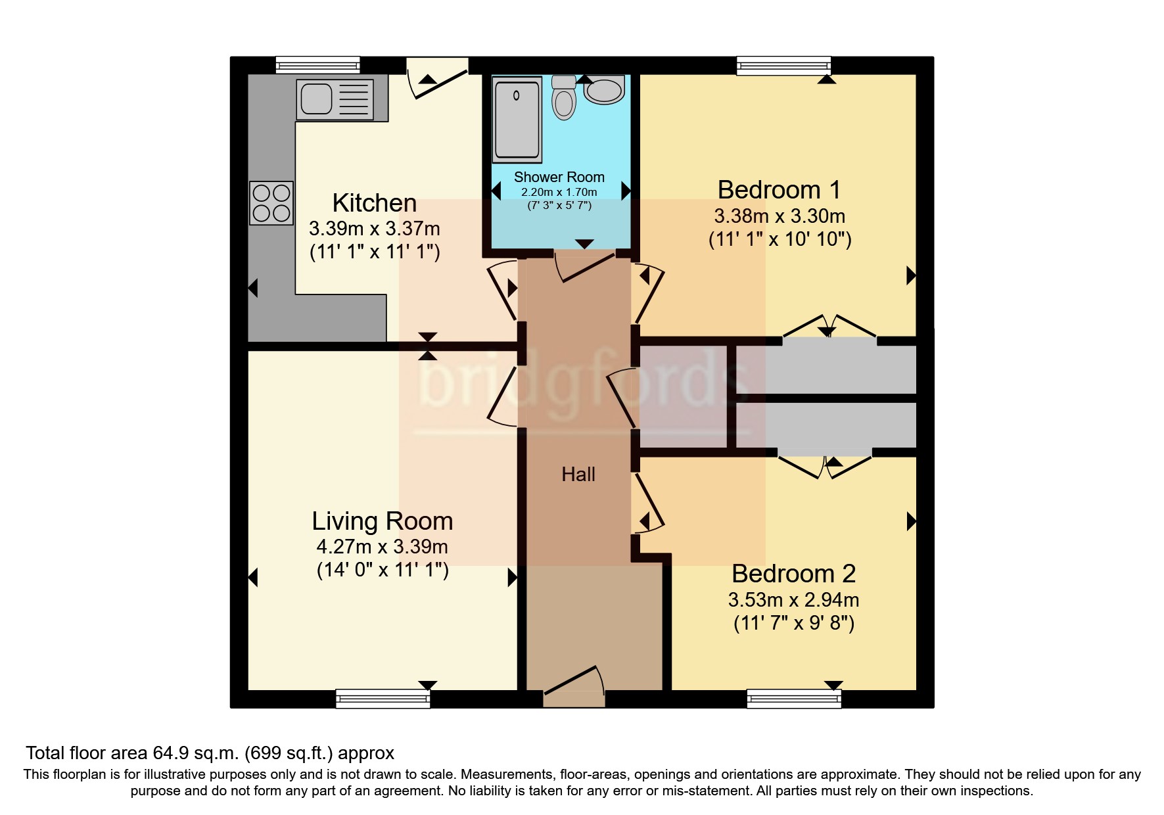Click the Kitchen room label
point(374,203)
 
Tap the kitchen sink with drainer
point(335,99)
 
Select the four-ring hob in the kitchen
point(271,203)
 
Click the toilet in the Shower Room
point(564,99)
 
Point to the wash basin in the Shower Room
point(604,91)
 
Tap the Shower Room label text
point(559,177)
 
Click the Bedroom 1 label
point(779,190)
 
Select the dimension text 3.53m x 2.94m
point(793,600)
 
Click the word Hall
point(578,475)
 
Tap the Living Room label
point(382,521)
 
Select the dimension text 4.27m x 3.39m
point(382,547)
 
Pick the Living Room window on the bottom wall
point(383,699)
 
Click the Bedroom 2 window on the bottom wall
point(794,699)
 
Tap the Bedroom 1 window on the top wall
point(783,66)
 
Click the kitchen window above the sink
point(317,65)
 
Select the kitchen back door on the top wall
point(437,78)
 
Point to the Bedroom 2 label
point(793,574)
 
